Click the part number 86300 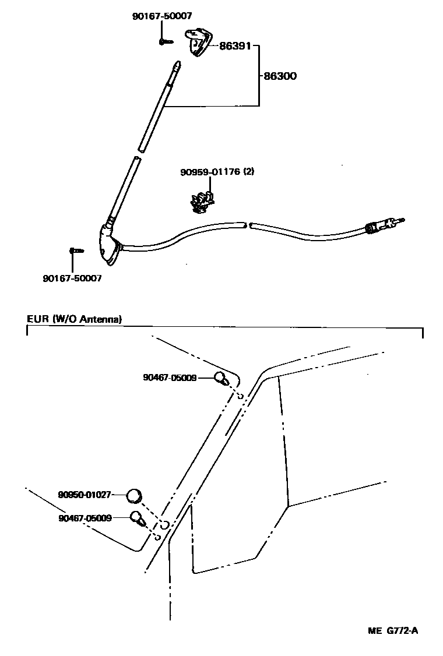pos(280,76)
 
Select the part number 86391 pos(235,46)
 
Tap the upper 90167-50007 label pos(162,16)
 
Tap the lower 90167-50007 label pos(72,278)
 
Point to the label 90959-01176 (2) pos(217,172)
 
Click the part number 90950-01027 pos(85,495)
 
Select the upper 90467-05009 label pos(170,378)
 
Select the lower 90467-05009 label pos(85,517)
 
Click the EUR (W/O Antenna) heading pos(74,319)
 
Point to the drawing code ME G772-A pos(393,630)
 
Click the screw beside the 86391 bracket pos(166,41)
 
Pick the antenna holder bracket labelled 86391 pos(198,43)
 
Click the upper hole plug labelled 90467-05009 pos(221,378)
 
